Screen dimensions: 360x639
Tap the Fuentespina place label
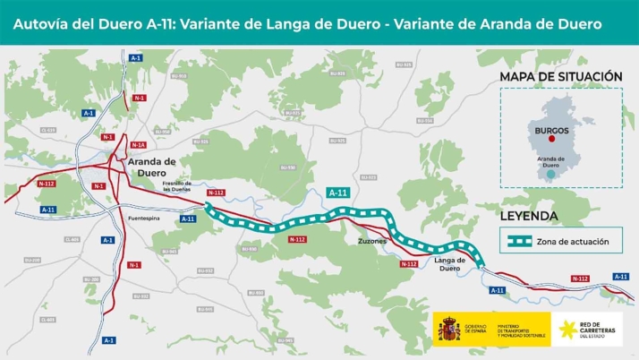pyautogui.click(x=145, y=218)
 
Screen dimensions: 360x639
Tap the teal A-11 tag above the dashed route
pyautogui.click(x=338, y=193)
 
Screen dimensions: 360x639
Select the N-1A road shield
pyautogui.click(x=137, y=144)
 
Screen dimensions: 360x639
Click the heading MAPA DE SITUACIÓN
pyautogui.click(x=560, y=77)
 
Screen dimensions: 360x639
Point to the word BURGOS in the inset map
pyautogui.click(x=551, y=129)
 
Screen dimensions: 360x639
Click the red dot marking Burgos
pyautogui.click(x=552, y=139)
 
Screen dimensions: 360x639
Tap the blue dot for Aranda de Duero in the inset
pyautogui.click(x=548, y=176)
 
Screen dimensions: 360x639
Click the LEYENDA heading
pyautogui.click(x=529, y=216)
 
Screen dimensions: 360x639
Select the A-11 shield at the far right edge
pyautogui.click(x=620, y=277)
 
